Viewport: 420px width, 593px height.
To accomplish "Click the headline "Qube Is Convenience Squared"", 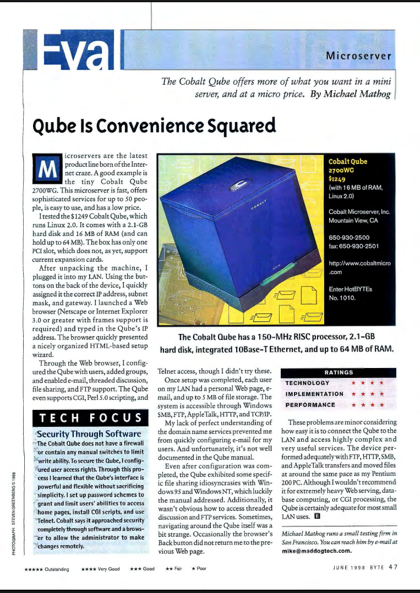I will (x=154, y=127).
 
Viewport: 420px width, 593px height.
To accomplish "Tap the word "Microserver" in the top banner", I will (x=358, y=56).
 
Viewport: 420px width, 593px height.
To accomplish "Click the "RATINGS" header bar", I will (x=339, y=372).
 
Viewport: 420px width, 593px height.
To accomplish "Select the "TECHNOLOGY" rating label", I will (x=308, y=383).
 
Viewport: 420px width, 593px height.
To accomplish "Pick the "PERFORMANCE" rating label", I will (x=310, y=405).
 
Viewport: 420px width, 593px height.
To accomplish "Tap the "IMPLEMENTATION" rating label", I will (x=315, y=394).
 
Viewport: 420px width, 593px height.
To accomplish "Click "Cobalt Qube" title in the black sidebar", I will (x=347, y=162).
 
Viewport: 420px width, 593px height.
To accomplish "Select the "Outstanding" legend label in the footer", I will (x=57, y=569).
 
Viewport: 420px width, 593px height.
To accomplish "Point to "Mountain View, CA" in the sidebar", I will (x=353, y=220).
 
